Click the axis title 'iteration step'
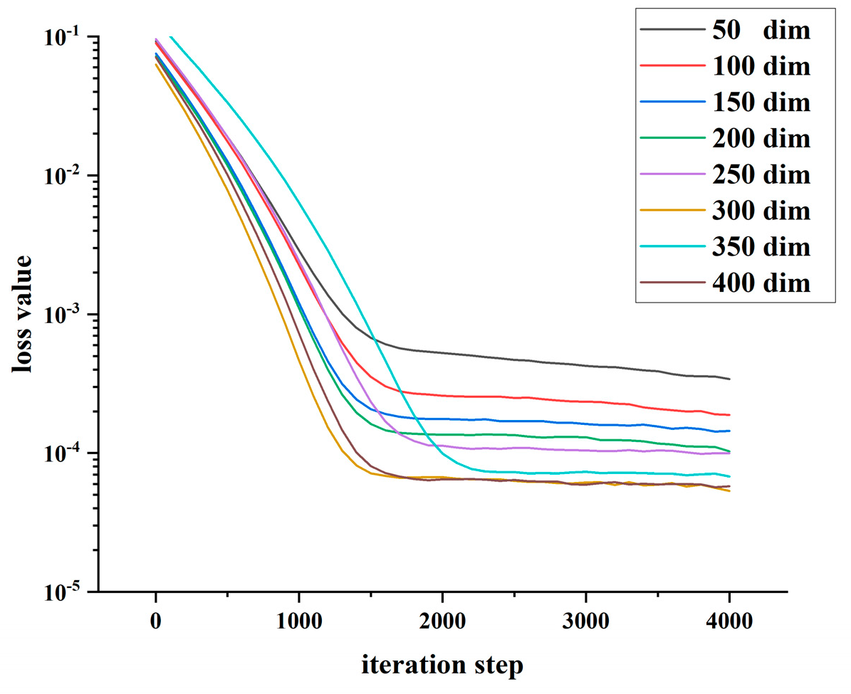coord(442,666)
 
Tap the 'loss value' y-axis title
coord(21,313)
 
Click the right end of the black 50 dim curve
coord(729,379)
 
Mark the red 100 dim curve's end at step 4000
coord(729,415)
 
